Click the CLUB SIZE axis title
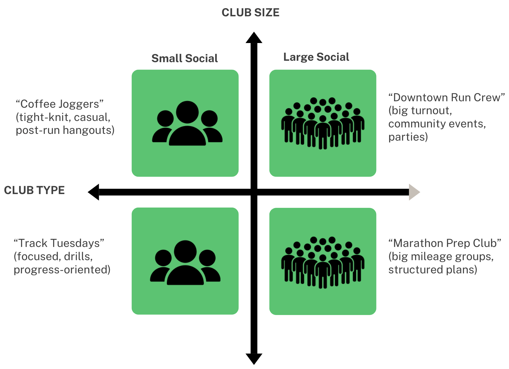pyautogui.click(x=250, y=13)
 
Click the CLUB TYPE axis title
pyautogui.click(x=34, y=190)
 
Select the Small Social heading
pyautogui.click(x=185, y=58)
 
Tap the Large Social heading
pyautogui.click(x=316, y=57)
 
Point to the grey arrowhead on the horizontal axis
pyautogui.click(x=414, y=192)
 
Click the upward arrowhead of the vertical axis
pyautogui.click(x=254, y=38)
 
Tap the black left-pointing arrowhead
pyautogui.click(x=94, y=192)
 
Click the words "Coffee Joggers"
pyautogui.click(x=60, y=104)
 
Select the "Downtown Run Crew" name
pyautogui.click(x=446, y=98)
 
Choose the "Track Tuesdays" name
pyautogui.click(x=59, y=243)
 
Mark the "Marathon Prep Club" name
pyautogui.click(x=445, y=243)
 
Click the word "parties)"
pyautogui.click(x=408, y=137)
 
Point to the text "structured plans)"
pyautogui.click(x=433, y=270)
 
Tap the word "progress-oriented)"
pyautogui.click(x=62, y=270)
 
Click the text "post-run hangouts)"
pyautogui.click(x=65, y=130)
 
